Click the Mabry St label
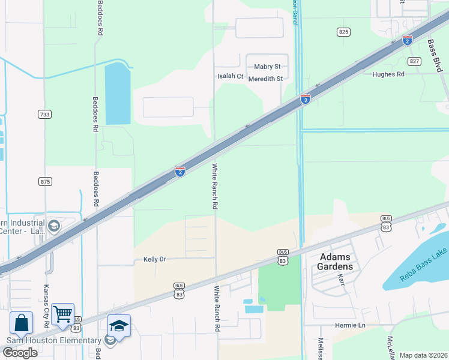pos(267,67)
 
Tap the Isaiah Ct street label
pos(231,77)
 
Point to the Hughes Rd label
pos(388,74)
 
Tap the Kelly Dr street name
pos(154,259)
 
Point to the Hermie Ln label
pos(350,325)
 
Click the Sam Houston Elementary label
pos(54,341)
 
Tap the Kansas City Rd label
pos(46,304)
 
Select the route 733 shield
pos(44,114)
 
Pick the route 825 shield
pos(343,32)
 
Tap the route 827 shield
pos(414,61)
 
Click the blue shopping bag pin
pos(21,323)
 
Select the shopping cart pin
pos(63,313)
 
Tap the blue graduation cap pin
pos(119,326)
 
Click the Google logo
pos(20,353)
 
